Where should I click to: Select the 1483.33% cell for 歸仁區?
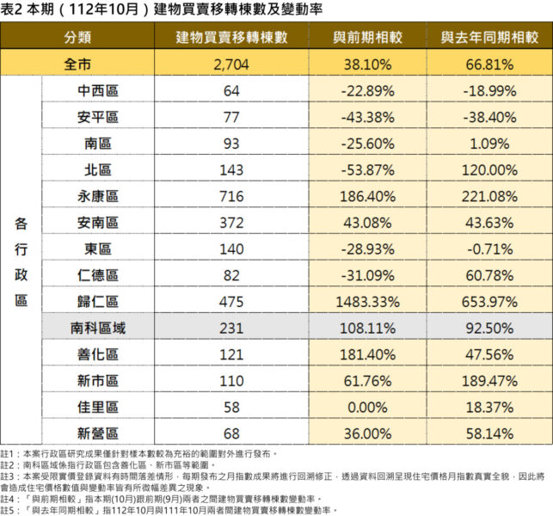click(367, 302)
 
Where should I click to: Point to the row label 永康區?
click(97, 196)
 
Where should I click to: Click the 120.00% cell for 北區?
click(488, 169)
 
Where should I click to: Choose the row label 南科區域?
click(97, 328)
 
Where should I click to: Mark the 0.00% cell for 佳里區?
click(367, 407)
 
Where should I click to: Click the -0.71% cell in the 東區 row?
click(488, 249)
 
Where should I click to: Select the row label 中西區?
click(97, 90)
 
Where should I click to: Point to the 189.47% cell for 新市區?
click(488, 381)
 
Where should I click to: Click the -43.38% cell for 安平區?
click(367, 117)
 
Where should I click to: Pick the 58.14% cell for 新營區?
click(488, 433)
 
